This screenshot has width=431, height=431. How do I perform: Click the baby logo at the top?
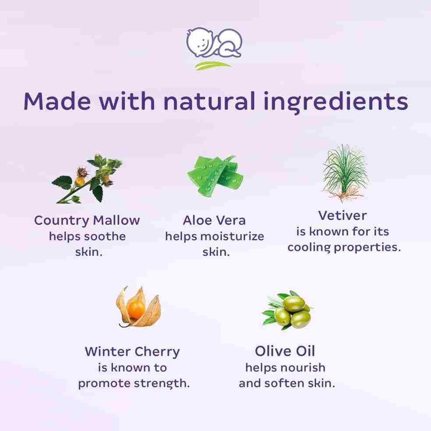pyautogui.click(x=214, y=43)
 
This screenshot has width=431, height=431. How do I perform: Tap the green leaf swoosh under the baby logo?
pyautogui.click(x=213, y=65)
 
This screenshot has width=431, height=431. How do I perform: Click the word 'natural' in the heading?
pyautogui.click(x=209, y=101)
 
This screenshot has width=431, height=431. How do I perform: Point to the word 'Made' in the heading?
pyautogui.click(x=57, y=101)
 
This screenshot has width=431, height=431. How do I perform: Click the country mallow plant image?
pyautogui.click(x=87, y=179)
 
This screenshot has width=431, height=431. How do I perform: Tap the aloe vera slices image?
pyautogui.click(x=215, y=176)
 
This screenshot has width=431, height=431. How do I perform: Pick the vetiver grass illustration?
pyautogui.click(x=345, y=173)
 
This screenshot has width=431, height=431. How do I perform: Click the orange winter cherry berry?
pyautogui.click(x=136, y=308)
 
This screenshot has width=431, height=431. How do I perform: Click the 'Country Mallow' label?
pyautogui.click(x=87, y=220)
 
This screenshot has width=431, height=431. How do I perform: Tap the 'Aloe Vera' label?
pyautogui.click(x=214, y=220)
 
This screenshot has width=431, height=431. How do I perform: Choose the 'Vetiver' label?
pyautogui.click(x=343, y=215)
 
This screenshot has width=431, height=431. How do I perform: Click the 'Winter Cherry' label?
pyautogui.click(x=132, y=352)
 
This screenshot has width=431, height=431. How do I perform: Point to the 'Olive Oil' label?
pyautogui.click(x=285, y=351)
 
